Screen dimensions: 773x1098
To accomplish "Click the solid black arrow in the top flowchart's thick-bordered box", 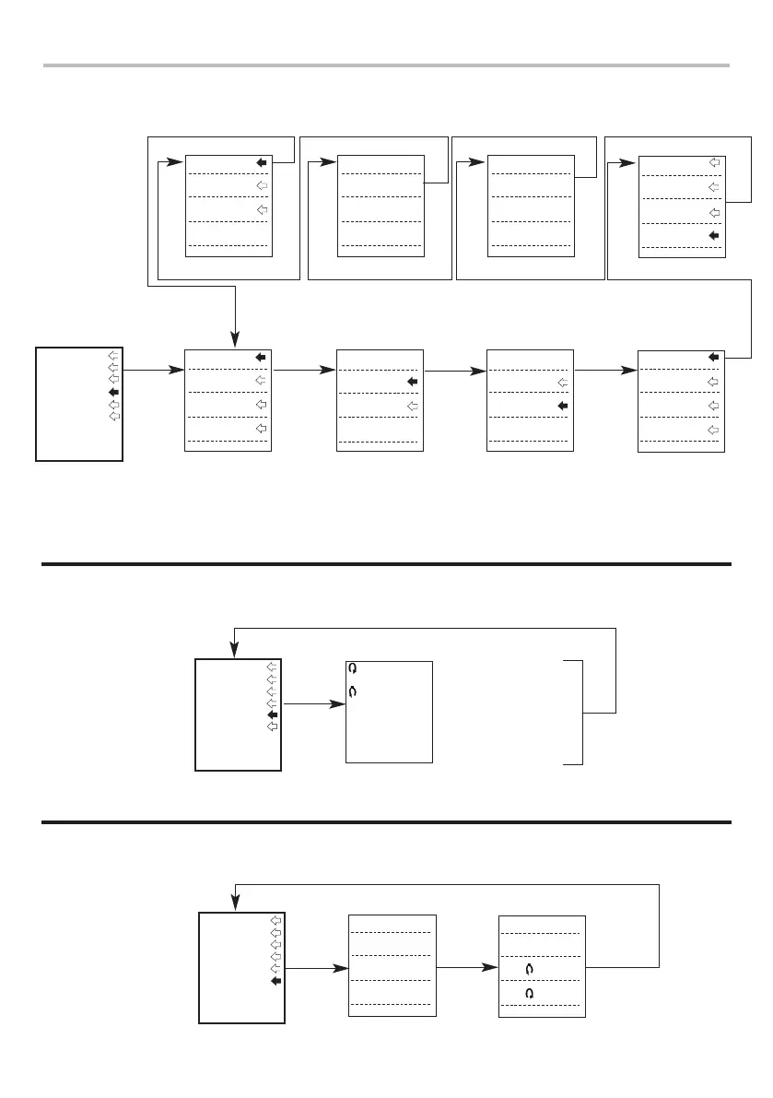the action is tap(113, 392).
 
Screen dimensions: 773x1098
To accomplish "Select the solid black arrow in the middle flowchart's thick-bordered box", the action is tap(272, 714).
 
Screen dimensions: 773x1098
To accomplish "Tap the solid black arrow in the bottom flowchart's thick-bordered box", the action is tap(275, 982).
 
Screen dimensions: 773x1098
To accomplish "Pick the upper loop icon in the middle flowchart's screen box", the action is tap(353, 668).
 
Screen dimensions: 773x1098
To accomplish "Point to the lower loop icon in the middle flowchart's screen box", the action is tap(353, 690).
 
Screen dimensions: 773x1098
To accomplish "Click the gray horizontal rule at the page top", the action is tap(386, 65).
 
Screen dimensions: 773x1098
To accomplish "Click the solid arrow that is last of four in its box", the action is tap(713, 236).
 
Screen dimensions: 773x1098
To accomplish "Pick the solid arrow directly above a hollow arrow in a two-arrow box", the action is tap(413, 381).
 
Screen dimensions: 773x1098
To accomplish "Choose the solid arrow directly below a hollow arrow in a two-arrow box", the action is tap(562, 405).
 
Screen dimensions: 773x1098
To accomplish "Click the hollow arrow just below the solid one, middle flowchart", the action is tap(272, 726).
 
